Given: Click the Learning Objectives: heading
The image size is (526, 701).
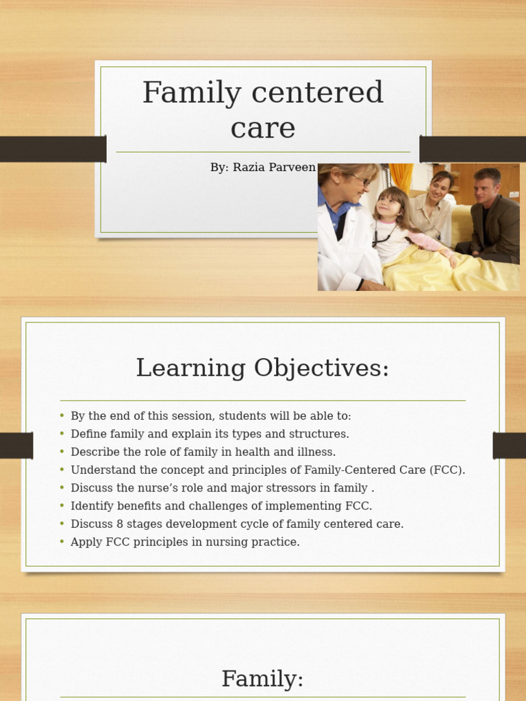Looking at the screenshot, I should pos(262,368).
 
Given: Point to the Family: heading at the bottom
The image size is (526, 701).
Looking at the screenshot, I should pos(262,679).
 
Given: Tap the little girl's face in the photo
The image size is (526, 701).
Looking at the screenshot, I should pos(389,204).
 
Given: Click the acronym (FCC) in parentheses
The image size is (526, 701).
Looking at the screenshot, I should pos(449,470).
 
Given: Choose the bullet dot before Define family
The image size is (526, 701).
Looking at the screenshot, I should pos(62,434).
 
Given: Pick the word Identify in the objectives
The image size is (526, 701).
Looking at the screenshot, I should pos(90,507).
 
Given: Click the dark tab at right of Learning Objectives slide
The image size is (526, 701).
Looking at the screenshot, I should pos(509,446).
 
